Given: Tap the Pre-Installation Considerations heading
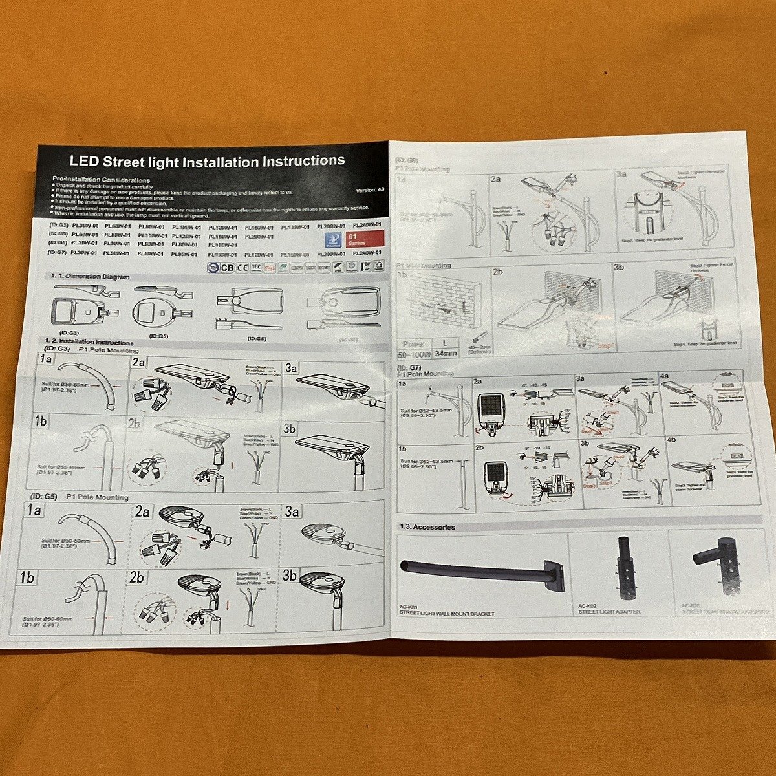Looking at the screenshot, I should pyautogui.click(x=102, y=180).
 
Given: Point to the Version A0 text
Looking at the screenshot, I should pyautogui.click(x=371, y=190).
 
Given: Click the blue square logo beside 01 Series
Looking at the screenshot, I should pyautogui.click(x=332, y=240).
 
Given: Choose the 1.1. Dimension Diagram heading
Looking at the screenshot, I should pyautogui.click(x=90, y=276).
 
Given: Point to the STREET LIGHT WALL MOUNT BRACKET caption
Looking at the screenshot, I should pyautogui.click(x=447, y=613).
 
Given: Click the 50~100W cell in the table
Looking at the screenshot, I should pyautogui.click(x=414, y=354).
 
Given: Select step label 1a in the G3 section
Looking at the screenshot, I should pyautogui.click(x=45, y=360).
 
